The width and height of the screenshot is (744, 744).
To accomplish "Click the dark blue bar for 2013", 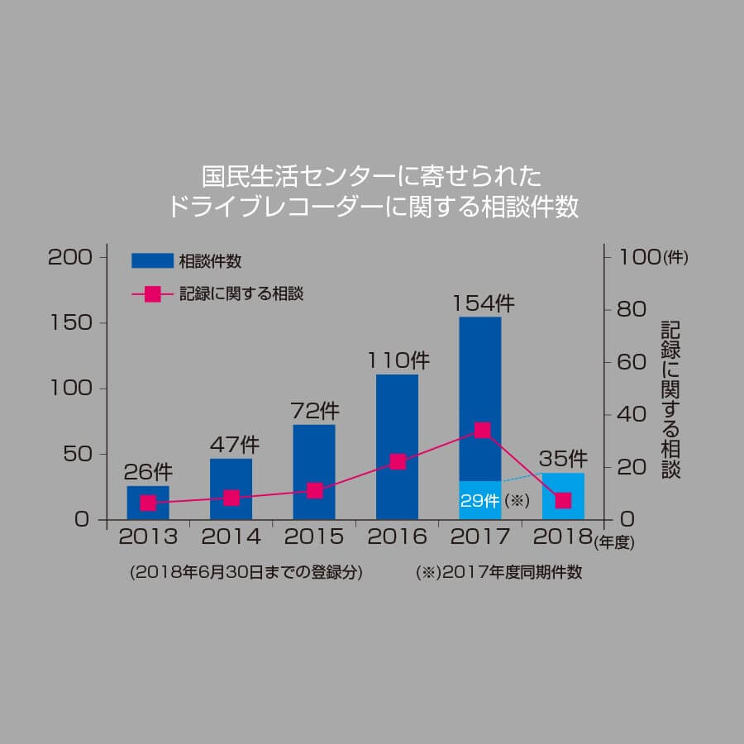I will (x=148, y=503).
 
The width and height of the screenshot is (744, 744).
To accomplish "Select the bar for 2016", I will (x=397, y=447).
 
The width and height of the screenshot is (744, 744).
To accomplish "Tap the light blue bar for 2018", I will (x=563, y=496).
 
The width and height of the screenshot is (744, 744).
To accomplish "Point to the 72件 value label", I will (x=315, y=410).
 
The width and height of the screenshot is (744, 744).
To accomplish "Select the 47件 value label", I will (x=232, y=444).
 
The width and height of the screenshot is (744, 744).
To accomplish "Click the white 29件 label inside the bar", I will (x=480, y=501).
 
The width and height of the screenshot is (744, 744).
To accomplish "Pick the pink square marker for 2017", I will (x=482, y=430).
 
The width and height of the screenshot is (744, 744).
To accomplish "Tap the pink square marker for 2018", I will (x=563, y=500).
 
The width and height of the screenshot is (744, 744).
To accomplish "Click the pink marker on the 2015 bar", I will (x=314, y=490).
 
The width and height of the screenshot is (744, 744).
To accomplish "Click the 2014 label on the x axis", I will (x=231, y=537).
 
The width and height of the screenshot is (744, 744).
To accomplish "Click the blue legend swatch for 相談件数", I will (x=152, y=261).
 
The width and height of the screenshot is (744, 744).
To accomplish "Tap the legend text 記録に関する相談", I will (x=241, y=293).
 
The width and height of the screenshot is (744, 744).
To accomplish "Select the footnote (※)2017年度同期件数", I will (x=499, y=573).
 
